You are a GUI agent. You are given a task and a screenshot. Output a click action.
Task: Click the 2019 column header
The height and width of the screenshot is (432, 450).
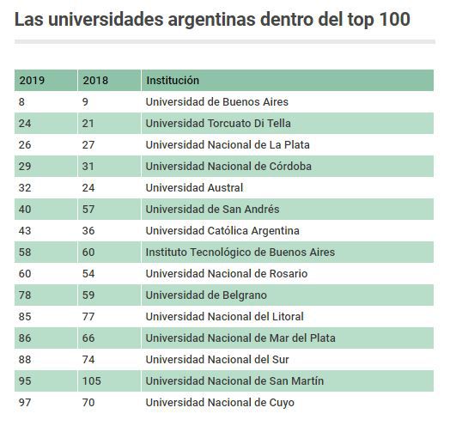[32, 81]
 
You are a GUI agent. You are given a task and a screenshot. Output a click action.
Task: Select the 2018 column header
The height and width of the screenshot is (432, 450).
[95, 81]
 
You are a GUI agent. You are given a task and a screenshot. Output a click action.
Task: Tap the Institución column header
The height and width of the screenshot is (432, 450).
[173, 81]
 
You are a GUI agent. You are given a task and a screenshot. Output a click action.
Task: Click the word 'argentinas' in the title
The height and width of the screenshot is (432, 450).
[212, 20]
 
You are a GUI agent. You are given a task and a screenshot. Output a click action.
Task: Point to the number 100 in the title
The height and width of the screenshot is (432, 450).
[395, 19]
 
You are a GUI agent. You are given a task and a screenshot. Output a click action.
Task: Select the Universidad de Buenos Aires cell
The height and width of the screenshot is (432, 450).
[217, 102]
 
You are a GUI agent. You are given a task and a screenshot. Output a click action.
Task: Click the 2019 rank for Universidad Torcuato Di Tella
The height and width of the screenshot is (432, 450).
[25, 124]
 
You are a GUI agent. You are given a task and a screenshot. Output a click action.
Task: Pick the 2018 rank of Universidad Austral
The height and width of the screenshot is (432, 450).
[88, 188]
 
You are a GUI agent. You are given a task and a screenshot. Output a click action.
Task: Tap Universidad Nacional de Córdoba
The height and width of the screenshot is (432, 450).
[228, 167]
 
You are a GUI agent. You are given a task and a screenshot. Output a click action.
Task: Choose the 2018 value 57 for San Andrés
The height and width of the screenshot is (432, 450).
[88, 210]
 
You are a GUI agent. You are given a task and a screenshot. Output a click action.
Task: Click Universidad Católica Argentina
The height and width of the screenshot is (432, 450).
[222, 231]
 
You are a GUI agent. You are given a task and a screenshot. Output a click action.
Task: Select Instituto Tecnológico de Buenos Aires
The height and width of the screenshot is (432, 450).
[240, 253]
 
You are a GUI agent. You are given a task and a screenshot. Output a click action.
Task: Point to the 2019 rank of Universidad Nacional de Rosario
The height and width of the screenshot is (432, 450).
[25, 274]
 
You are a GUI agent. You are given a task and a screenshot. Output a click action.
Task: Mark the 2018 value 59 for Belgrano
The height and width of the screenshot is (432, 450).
[88, 295]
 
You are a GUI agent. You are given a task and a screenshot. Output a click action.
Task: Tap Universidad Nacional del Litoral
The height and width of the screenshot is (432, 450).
[225, 317]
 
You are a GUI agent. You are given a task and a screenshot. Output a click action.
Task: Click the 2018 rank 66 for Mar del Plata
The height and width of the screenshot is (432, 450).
[88, 338]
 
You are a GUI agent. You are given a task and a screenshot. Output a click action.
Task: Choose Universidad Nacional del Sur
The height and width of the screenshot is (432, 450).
[217, 360]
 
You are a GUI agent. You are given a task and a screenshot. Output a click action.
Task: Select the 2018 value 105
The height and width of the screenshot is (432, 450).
[92, 381]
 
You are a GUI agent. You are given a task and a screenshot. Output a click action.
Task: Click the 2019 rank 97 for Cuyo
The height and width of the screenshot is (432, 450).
[25, 403]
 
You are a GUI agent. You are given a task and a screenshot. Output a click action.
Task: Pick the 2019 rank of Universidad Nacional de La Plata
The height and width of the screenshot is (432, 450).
[25, 144]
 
